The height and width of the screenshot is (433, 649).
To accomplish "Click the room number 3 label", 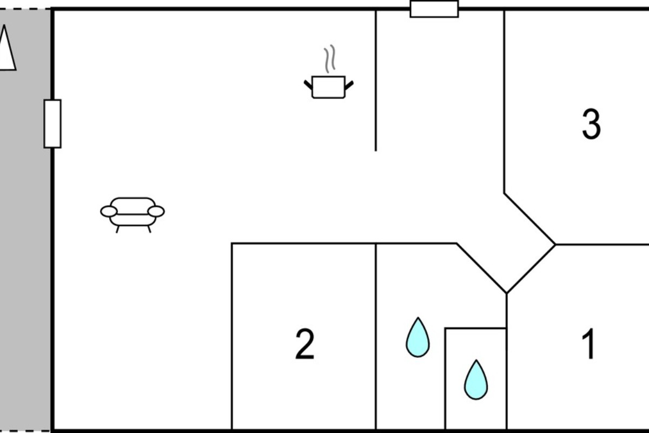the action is click(x=591, y=124).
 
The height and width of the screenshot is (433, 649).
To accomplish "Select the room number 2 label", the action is click(x=305, y=344).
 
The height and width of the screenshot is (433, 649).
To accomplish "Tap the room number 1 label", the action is click(x=588, y=344).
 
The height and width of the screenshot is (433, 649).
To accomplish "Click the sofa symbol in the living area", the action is click(x=133, y=215).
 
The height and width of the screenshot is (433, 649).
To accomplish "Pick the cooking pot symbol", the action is click(x=329, y=87).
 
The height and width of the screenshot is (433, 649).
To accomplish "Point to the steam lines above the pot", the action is click(x=330, y=58).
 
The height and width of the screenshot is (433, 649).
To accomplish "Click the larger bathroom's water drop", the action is click(x=418, y=338).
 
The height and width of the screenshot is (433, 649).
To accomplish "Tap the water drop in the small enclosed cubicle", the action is click(x=476, y=380).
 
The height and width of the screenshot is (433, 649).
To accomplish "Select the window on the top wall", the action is click(x=434, y=9).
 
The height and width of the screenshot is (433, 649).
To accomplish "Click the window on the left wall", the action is click(x=52, y=124).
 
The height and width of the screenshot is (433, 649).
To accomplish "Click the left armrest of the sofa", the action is click(x=109, y=212).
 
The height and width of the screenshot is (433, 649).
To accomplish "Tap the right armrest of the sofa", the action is click(x=156, y=212).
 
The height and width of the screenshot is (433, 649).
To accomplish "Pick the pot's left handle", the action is click(x=308, y=85).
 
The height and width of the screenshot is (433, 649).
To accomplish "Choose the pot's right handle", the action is click(x=349, y=85).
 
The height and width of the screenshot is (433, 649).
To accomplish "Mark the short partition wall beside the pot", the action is click(x=376, y=81).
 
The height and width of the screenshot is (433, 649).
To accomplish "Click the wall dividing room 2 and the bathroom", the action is click(x=376, y=337).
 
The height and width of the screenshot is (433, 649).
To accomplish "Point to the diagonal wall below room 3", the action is click(x=530, y=219).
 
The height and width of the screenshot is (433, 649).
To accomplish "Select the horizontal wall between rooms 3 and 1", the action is click(x=602, y=245).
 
